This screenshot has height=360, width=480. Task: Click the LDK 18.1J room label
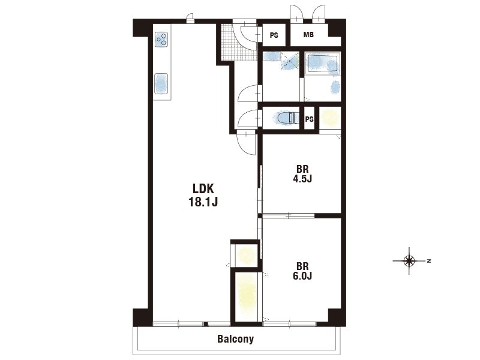click(203, 195)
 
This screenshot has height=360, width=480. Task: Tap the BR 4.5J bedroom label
click(302, 173)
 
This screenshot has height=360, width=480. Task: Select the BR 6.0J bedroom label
click(302, 271)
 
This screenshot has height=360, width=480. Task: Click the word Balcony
click(235, 339)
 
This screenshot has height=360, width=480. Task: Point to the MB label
click(308, 35)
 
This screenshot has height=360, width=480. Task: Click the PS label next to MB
click(274, 35)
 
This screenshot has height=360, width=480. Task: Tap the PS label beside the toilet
click(309, 119)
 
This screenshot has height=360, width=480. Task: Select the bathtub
click(323, 64)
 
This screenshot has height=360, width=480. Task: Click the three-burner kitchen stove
click(161, 40)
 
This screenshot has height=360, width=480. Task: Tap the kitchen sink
click(161, 83)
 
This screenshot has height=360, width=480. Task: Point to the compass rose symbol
click(409, 261)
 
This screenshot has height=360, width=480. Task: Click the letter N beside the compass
click(429, 261)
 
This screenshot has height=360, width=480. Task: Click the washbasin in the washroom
click(272, 56)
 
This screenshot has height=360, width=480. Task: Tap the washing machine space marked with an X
click(290, 61)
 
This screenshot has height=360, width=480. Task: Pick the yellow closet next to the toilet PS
click(330, 118)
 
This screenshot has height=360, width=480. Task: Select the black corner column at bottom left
click(142, 317)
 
